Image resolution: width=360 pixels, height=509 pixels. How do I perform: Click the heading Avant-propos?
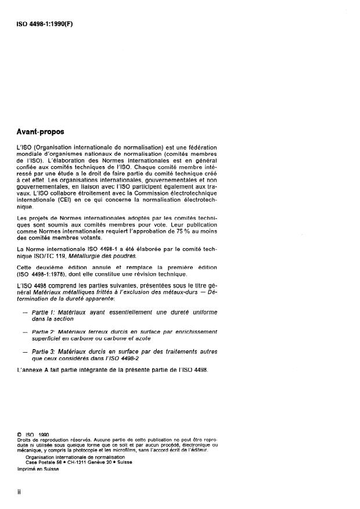[x=41, y=132]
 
